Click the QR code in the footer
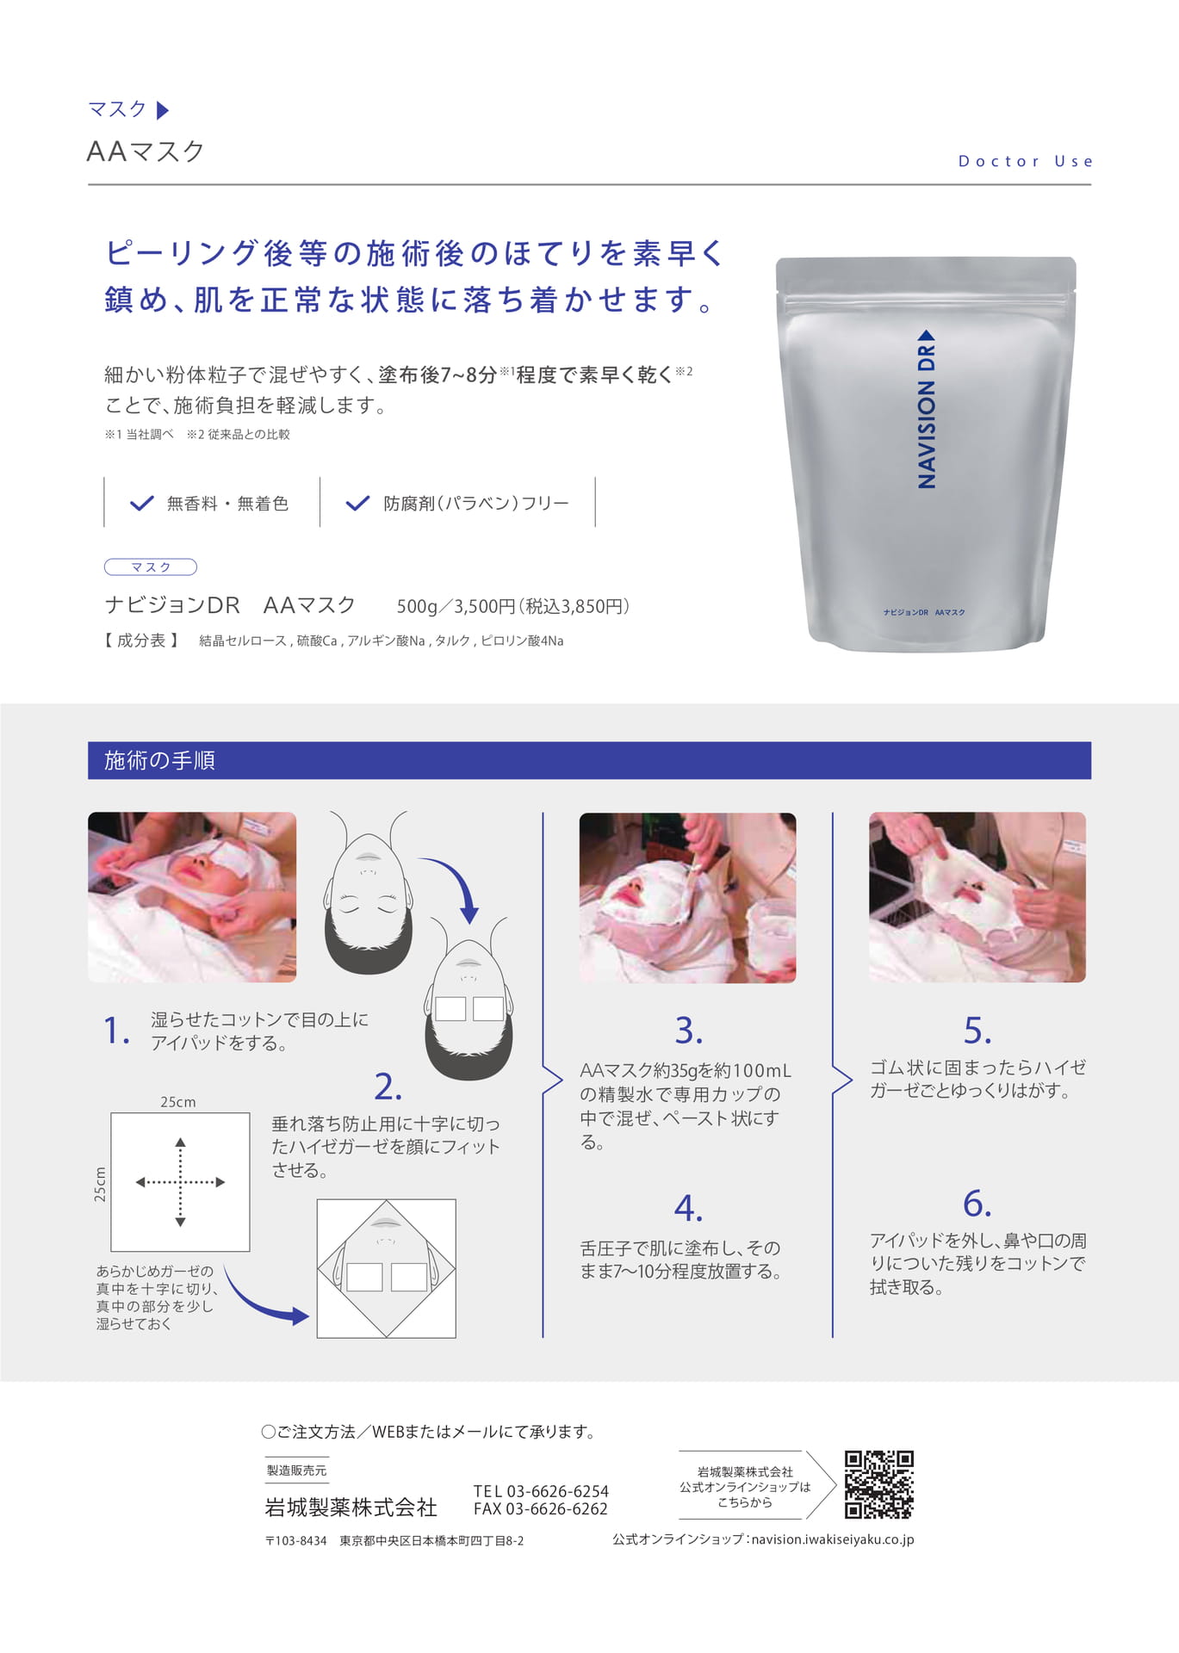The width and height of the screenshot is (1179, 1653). [878, 1484]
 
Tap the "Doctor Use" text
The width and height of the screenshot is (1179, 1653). [1025, 161]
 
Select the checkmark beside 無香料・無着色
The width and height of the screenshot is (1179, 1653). [141, 504]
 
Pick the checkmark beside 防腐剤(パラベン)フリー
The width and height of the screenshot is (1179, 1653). [357, 504]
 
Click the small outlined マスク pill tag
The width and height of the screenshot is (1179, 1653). [151, 567]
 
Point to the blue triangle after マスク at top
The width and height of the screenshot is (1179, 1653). [163, 110]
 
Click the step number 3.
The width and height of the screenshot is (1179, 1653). [688, 1031]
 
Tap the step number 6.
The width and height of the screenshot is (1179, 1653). [977, 1204]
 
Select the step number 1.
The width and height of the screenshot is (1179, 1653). [116, 1031]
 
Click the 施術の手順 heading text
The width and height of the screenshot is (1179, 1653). [159, 760]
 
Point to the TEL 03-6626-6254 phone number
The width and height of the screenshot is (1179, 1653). [541, 1491]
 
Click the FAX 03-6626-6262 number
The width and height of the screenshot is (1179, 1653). [541, 1509]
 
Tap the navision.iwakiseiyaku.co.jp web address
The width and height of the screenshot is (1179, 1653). [833, 1539]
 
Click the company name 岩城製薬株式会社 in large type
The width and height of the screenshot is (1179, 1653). [351, 1508]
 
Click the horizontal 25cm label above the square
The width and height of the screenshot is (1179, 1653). [178, 1102]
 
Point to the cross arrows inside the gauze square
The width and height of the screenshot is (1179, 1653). [180, 1182]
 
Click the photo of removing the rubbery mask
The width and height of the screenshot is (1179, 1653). [977, 897]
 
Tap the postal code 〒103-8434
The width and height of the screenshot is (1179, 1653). [296, 1541]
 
